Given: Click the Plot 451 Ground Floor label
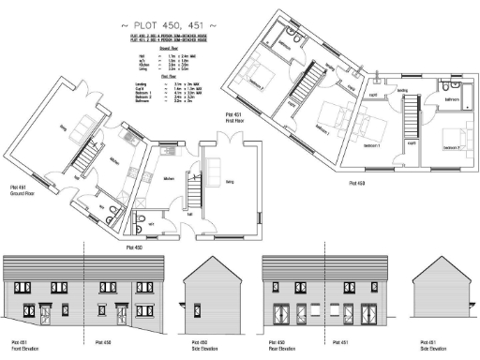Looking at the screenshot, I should coord(20,192).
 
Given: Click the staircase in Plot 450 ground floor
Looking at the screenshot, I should coord(193,192).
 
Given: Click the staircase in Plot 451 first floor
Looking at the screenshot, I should coord(305,94).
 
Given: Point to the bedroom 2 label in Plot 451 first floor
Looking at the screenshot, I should coord(257,83).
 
